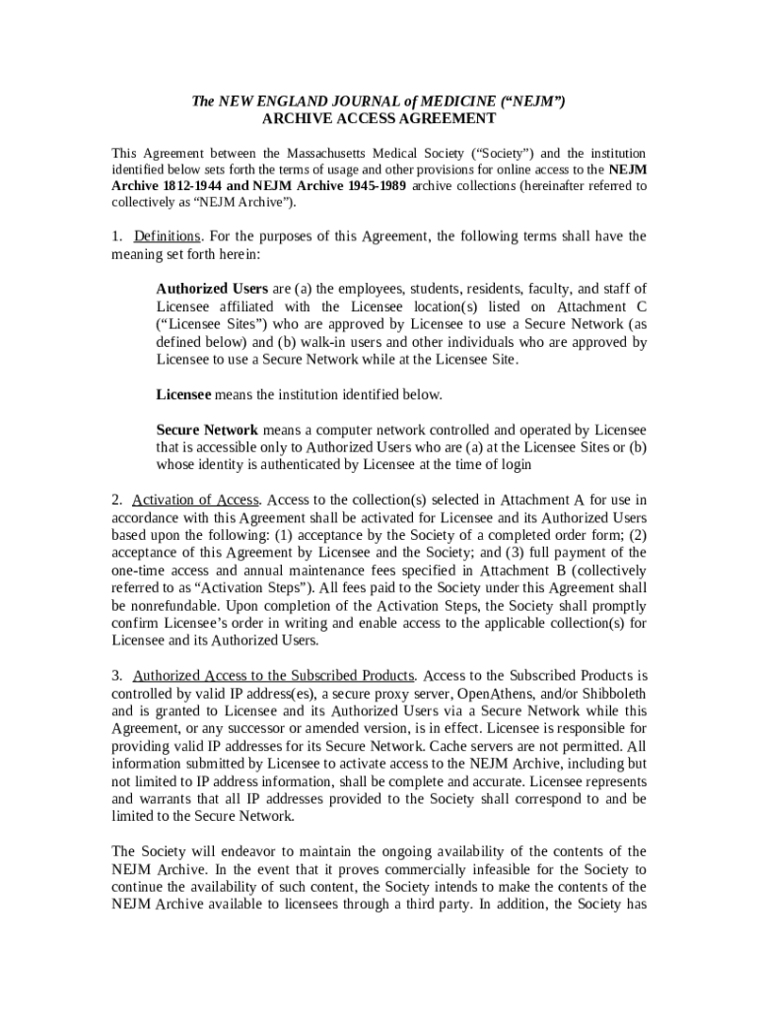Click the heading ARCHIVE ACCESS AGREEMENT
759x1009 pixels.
tap(379, 119)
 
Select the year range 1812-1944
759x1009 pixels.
tap(191, 186)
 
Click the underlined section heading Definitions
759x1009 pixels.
tap(167, 236)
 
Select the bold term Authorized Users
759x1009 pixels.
tap(212, 289)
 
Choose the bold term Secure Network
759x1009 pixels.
tap(207, 431)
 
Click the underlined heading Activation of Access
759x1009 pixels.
tap(195, 500)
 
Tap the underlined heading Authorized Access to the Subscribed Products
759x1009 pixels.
tap(273, 676)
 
